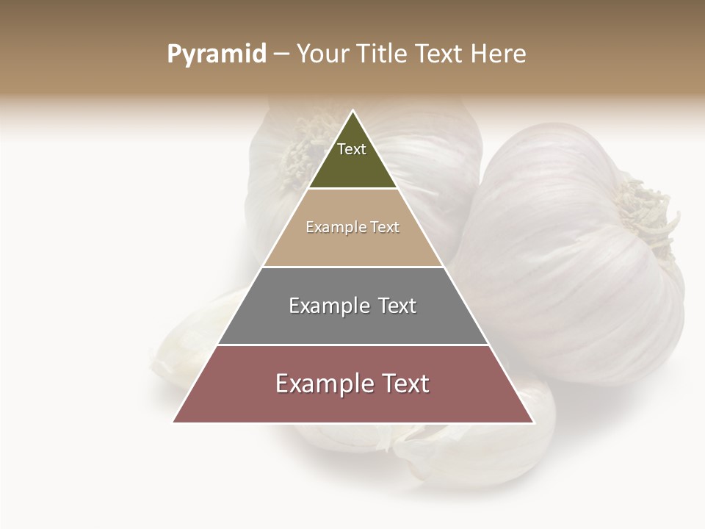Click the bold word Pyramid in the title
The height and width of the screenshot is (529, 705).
pyautogui.click(x=216, y=54)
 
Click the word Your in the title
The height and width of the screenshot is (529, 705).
pyautogui.click(x=322, y=54)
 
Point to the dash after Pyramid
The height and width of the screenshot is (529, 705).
pyautogui.click(x=281, y=54)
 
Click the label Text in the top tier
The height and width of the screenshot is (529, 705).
pyautogui.click(x=352, y=149)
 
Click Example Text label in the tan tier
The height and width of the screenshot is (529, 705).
pyautogui.click(x=352, y=227)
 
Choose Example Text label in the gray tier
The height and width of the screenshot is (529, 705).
pyautogui.click(x=352, y=306)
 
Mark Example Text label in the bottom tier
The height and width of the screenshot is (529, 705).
pyautogui.click(x=352, y=384)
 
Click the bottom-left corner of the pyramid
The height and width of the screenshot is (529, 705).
pyautogui.click(x=174, y=422)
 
